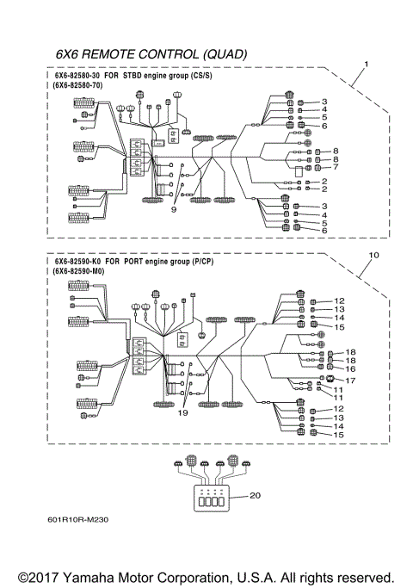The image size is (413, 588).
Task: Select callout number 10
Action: point(373,255)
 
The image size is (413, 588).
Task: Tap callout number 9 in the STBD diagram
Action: point(173,209)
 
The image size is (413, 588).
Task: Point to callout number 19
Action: point(183,413)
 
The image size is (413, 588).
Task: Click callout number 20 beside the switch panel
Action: point(254,495)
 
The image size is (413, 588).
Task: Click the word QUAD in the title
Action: point(224,54)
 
